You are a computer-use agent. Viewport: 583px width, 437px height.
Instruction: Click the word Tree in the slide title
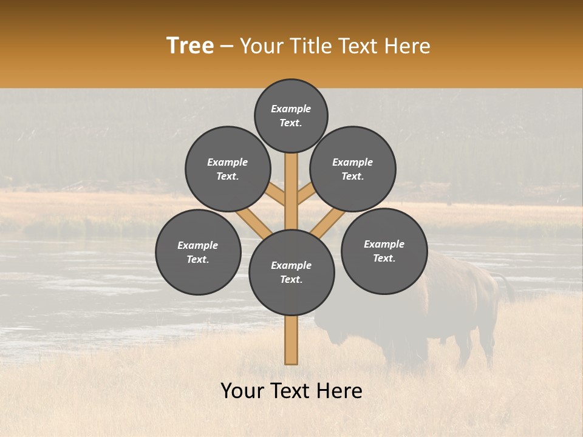[x=190, y=46]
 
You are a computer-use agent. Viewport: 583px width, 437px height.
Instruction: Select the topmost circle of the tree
[x=291, y=115]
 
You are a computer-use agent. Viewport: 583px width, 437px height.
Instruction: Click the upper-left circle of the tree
[x=228, y=169]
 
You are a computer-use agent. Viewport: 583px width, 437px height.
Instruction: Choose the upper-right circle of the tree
[x=353, y=169]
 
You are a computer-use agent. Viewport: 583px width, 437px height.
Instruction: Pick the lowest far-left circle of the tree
[x=198, y=252]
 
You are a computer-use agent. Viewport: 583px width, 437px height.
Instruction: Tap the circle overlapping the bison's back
[x=384, y=251]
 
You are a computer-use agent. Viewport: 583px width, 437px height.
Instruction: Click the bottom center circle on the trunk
[x=291, y=273]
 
